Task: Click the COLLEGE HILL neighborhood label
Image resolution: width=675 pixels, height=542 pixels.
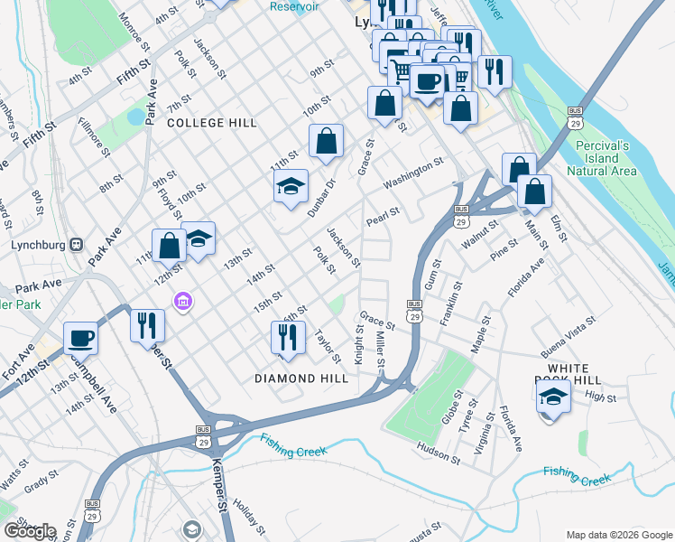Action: [x=211, y=122]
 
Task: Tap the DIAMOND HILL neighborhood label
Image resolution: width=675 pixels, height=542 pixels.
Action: [x=301, y=378]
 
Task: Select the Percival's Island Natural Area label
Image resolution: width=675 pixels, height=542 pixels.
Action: [x=610, y=157]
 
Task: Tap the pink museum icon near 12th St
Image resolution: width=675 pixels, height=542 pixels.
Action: [x=183, y=300]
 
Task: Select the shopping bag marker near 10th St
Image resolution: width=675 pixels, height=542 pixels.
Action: [x=326, y=140]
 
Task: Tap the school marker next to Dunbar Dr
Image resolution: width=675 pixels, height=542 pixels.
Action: [x=291, y=186]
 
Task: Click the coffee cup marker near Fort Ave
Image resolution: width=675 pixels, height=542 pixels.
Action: [x=80, y=337]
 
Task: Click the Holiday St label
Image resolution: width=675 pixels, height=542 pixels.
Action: [x=248, y=515]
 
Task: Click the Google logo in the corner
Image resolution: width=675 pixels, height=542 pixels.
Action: [x=29, y=530]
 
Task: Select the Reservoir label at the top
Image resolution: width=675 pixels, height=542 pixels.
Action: [x=294, y=6]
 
